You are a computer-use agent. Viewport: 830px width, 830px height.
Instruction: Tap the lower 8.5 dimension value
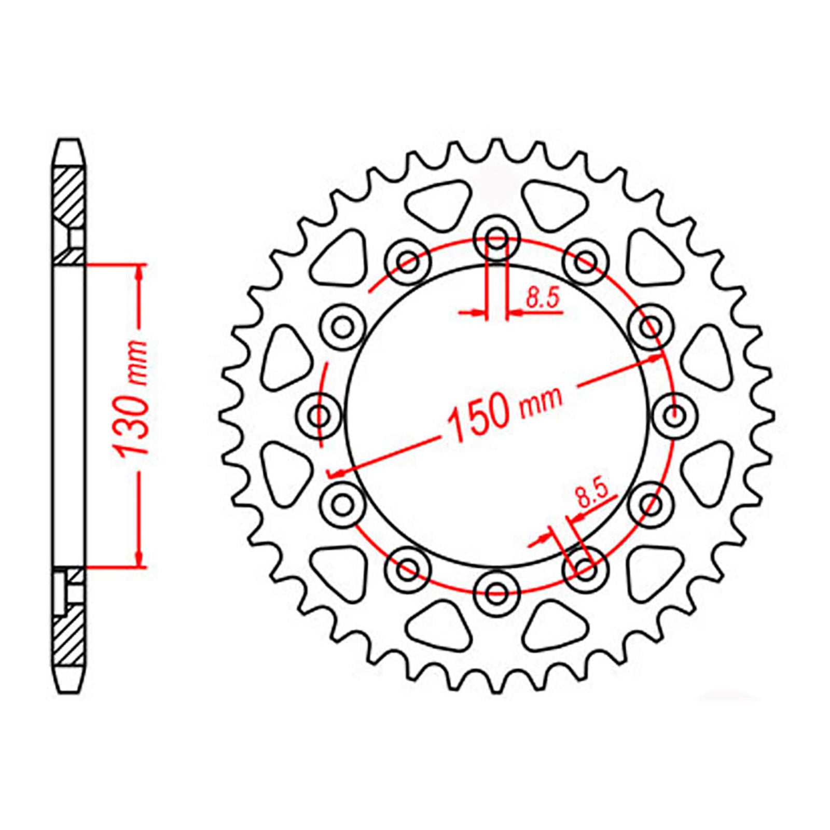point(591,495)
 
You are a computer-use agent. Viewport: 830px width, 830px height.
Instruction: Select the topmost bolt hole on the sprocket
point(497,239)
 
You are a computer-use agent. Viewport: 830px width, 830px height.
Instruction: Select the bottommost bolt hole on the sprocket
point(497,592)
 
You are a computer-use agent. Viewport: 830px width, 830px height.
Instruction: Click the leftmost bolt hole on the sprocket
point(321,416)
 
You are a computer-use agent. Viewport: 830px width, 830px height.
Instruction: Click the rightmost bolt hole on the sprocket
point(673,416)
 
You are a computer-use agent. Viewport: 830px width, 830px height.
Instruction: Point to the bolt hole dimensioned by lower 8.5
point(585,570)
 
